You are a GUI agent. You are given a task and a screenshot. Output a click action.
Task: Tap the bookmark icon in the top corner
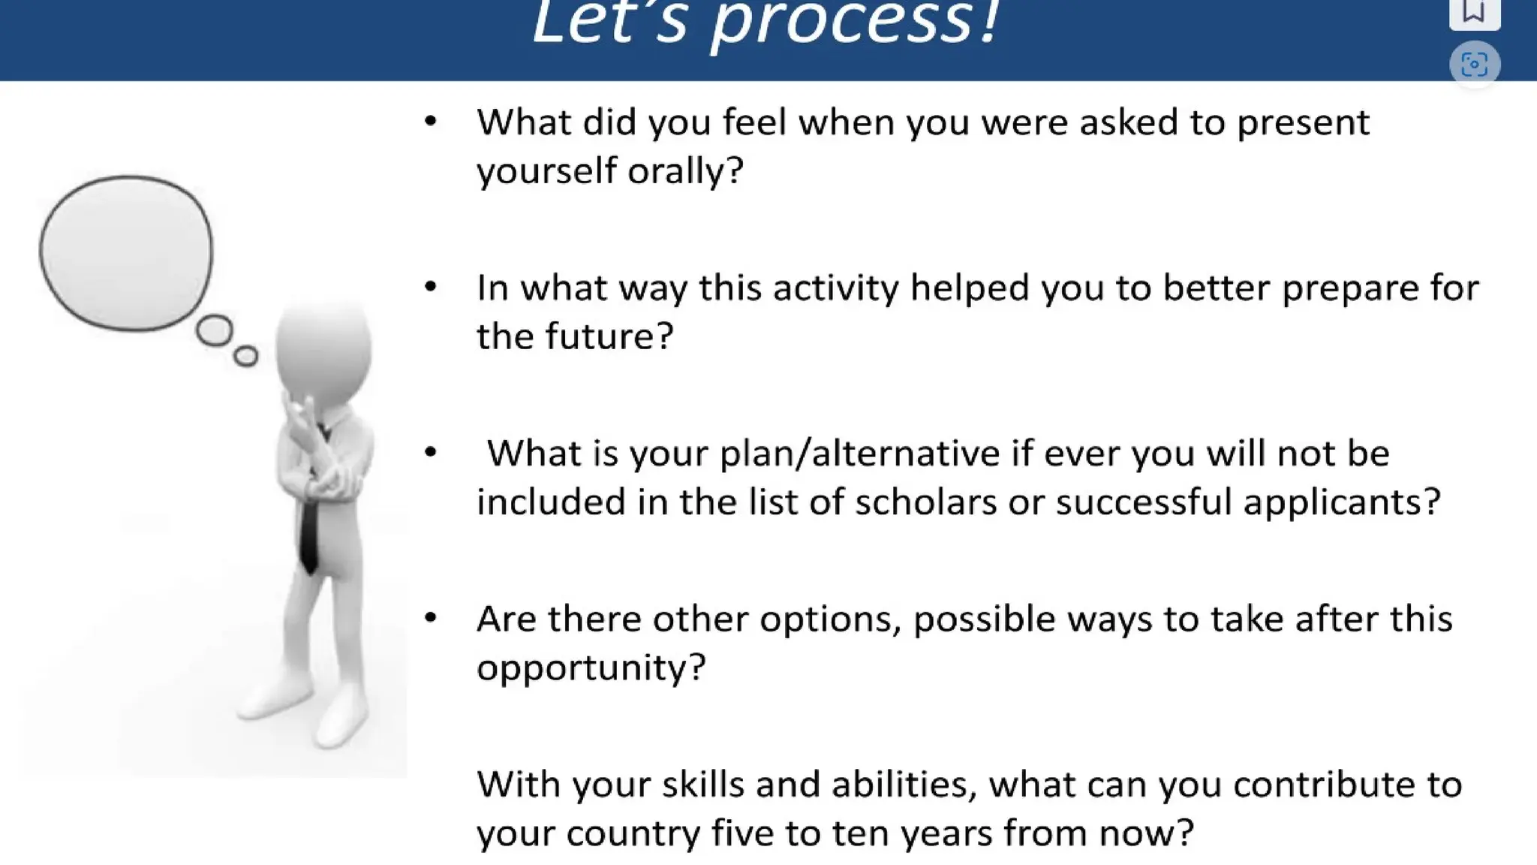coord(1474,11)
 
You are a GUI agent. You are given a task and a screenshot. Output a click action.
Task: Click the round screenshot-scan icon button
coord(1474,65)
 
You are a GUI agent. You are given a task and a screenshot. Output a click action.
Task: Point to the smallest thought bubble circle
coord(245,356)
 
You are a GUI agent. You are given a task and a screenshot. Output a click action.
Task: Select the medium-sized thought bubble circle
coord(215,331)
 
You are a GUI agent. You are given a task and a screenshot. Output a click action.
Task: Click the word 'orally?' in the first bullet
coord(685,171)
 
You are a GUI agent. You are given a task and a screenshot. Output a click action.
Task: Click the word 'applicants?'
coord(1341,502)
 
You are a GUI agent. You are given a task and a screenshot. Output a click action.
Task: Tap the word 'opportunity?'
coord(591,668)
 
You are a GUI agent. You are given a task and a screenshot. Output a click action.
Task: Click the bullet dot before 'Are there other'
coord(431,618)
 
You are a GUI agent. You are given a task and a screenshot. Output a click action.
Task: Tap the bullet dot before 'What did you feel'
coord(431,122)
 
